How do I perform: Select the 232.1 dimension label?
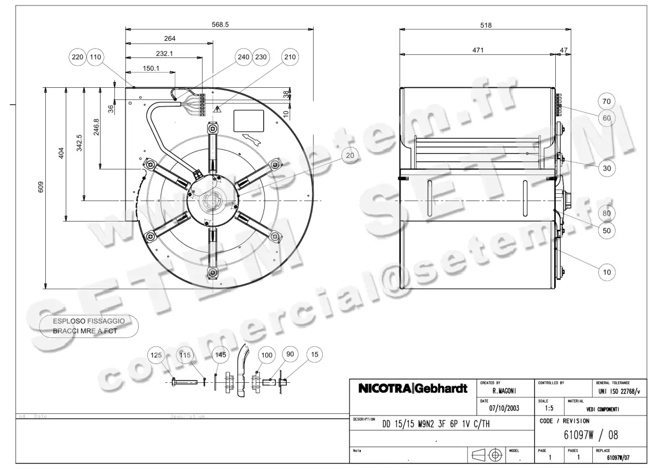pos(165,54)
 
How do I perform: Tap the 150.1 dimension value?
pos(151,68)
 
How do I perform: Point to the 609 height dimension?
pos(40,187)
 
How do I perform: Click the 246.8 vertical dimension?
pos(96,128)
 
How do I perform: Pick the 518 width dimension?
pos(486,25)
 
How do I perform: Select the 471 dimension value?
pos(478,50)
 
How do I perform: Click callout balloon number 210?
pos(290,57)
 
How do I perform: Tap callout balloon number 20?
pos(350,156)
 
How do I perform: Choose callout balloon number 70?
pos(607,101)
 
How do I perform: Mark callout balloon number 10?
pos(607,272)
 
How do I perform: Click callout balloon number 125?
pos(156,355)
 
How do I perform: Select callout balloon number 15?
pos(314,355)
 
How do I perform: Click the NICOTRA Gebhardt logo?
pos(413,388)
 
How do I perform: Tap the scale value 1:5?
pos(549,409)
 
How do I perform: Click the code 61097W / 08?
pos(591,435)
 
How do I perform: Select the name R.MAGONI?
pos(504,390)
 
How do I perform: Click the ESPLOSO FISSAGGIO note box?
pos(88,326)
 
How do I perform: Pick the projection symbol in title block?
pos(487,455)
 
